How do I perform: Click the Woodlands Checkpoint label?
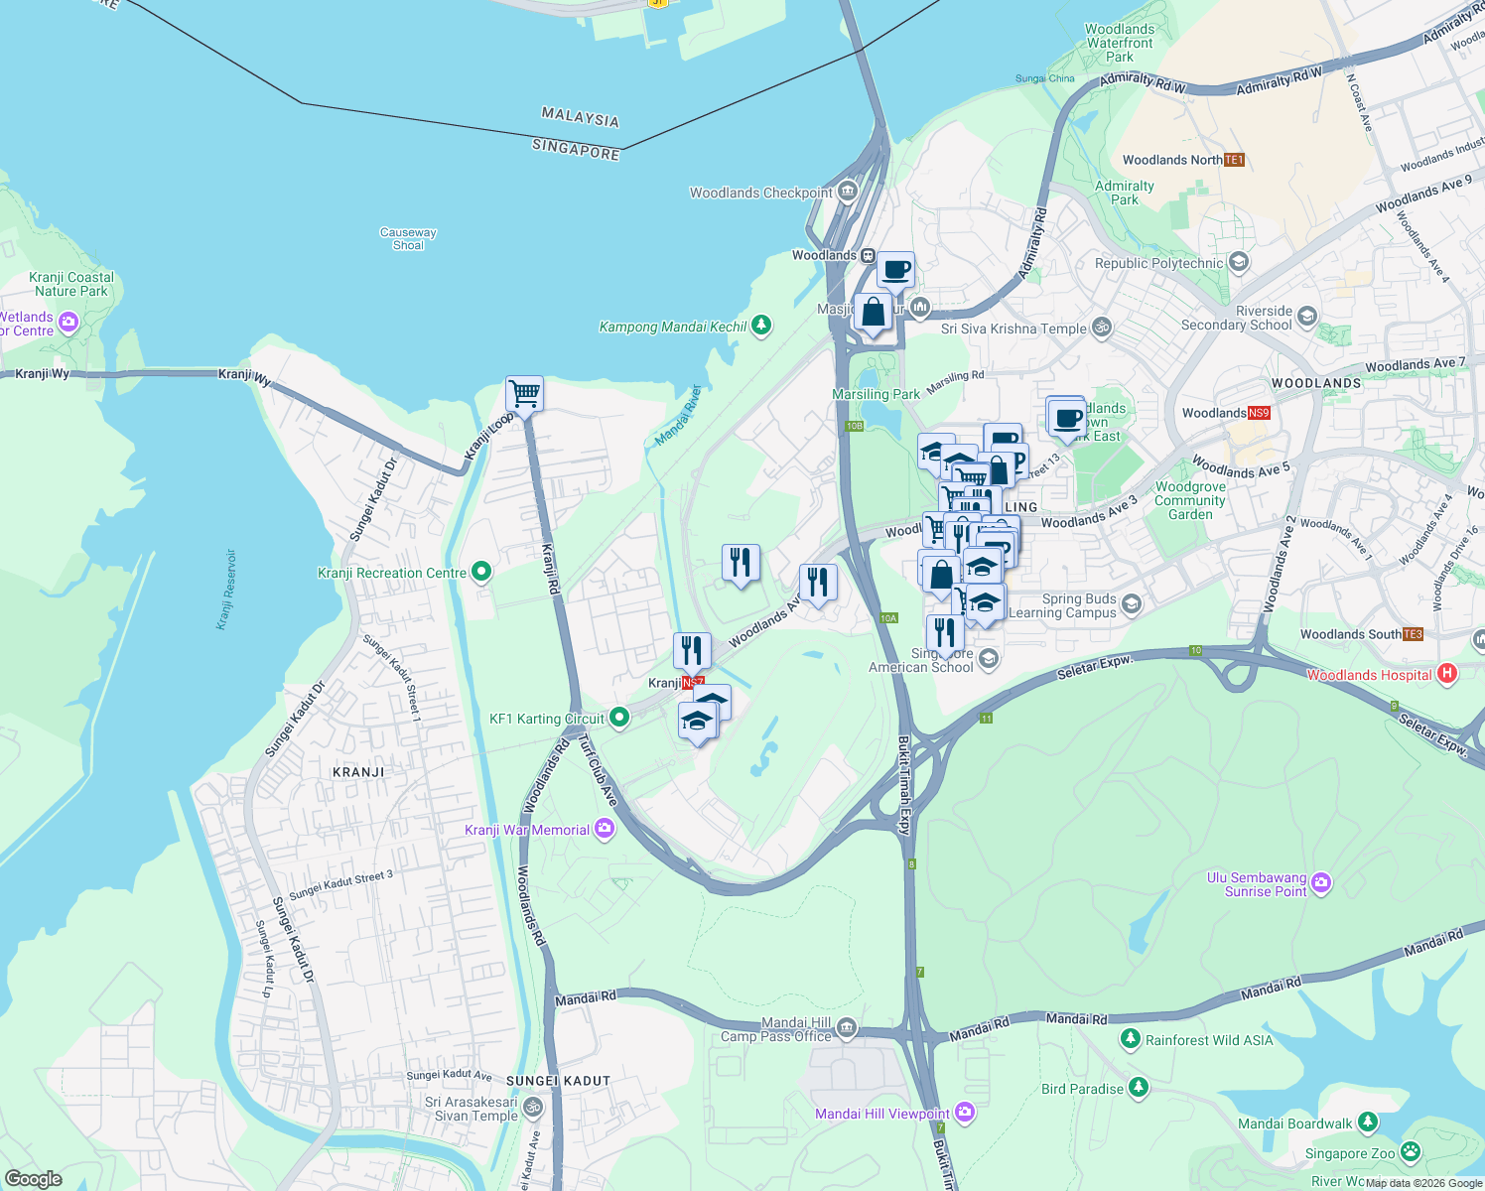pos(761,193)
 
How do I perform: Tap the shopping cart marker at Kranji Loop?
pos(524,394)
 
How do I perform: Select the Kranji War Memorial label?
pos(527,830)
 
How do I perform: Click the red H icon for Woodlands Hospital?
pos(1446,674)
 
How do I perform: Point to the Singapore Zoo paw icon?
pos(1410,1152)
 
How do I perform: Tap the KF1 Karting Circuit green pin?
pos(619,717)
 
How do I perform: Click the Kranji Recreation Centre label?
pos(391,573)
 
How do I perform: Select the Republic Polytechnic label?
pos(1158,263)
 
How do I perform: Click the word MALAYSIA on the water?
pos(580,118)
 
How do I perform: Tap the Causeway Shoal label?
pos(408,238)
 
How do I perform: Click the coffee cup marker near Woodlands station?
pos(895,270)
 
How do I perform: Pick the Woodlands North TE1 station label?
pos(1172,160)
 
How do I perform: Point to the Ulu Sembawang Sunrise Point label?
pos(1257,884)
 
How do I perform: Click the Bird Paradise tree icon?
pos(1138,1088)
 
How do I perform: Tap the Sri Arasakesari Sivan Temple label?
pos(472,1109)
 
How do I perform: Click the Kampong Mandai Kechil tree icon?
pos(761,325)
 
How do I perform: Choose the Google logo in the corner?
pos(33,1179)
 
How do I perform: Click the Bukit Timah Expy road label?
pos(904,784)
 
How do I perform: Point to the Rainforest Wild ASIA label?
pos(1209,1040)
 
